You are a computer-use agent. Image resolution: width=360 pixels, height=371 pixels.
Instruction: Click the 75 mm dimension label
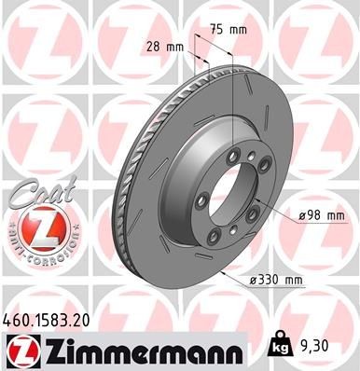(230, 29)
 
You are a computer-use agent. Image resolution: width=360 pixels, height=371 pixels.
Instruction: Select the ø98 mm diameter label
(323, 216)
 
